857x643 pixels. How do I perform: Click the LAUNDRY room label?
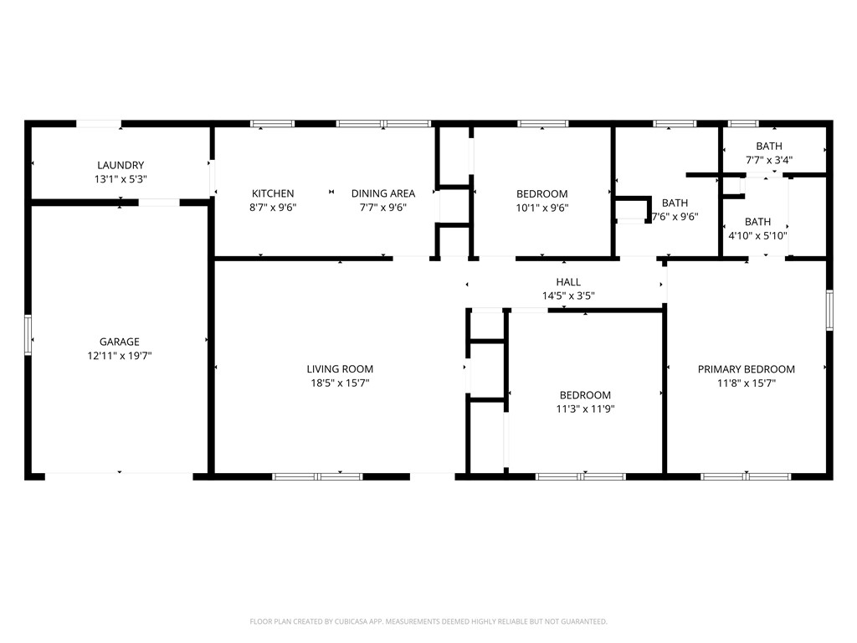(120, 165)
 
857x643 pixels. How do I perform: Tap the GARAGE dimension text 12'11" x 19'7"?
(120, 355)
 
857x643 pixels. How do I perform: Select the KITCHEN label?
(273, 193)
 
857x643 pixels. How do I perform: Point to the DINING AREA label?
(382, 193)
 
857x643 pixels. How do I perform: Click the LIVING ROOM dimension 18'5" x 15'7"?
(340, 383)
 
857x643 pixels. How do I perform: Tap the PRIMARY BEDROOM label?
(747, 369)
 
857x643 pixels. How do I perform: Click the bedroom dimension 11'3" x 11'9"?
(585, 409)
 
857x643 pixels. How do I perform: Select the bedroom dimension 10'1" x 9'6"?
(542, 208)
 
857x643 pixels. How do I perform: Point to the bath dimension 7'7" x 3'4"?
(769, 160)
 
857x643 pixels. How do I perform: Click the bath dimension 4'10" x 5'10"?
(757, 235)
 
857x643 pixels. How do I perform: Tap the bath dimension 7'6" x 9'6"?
(675, 216)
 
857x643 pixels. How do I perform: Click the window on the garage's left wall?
(28, 335)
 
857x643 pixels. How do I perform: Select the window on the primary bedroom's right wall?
(829, 310)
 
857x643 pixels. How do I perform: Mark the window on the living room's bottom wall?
(317, 476)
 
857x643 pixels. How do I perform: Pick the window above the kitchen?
(273, 124)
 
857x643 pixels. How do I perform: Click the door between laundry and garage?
(158, 202)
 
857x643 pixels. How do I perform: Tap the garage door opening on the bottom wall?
(119, 476)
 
